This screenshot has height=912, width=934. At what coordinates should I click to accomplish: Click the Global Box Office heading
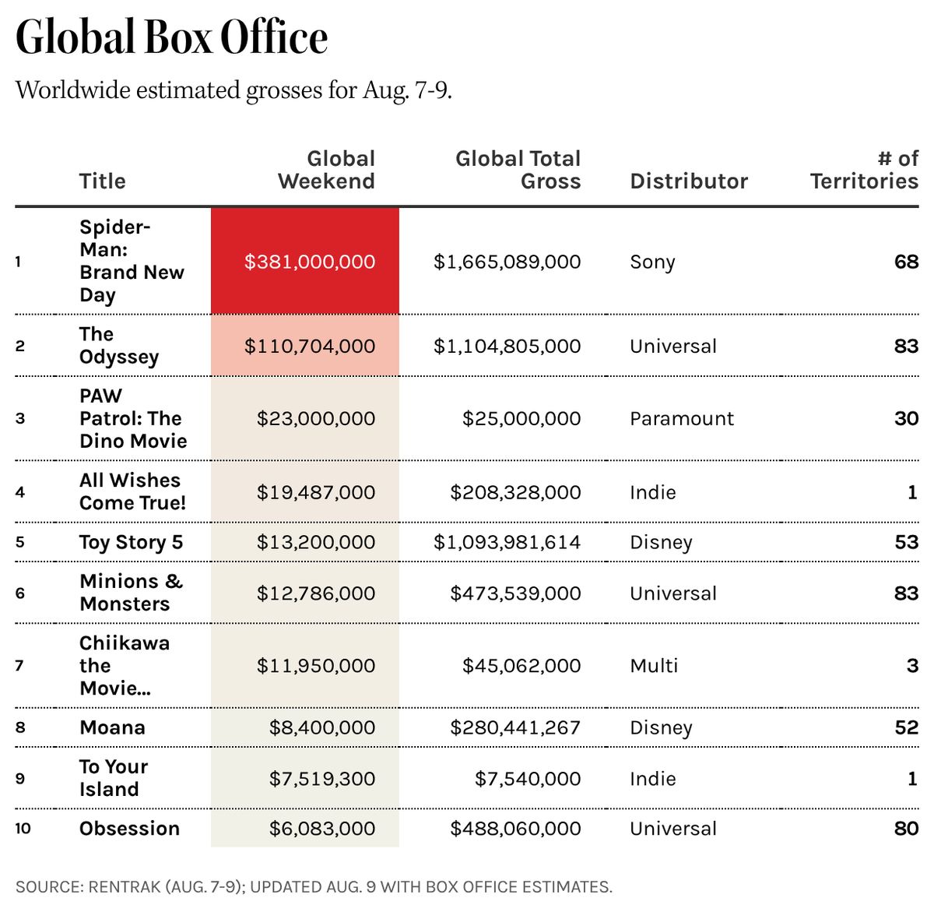click(171, 37)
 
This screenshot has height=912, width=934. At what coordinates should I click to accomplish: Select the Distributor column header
click(689, 181)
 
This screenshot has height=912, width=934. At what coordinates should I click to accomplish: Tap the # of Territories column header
click(865, 170)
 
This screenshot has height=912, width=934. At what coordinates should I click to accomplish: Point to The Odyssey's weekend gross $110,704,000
click(310, 347)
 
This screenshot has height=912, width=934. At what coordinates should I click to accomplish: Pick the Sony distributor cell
click(652, 262)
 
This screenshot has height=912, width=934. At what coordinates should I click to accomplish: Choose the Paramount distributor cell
click(682, 419)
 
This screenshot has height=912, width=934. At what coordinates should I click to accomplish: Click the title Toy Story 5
click(131, 543)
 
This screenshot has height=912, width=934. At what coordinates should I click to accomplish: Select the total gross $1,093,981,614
click(507, 542)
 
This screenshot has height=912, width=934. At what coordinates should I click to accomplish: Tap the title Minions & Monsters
click(131, 593)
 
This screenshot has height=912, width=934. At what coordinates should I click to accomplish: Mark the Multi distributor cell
click(654, 666)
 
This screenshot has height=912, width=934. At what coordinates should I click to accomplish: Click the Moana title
click(112, 727)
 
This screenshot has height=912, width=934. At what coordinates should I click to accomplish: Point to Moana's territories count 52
click(907, 727)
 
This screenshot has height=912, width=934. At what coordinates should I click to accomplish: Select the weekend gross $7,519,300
click(322, 779)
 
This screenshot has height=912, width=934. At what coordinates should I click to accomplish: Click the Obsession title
click(129, 829)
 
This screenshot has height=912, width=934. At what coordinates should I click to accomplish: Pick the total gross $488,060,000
click(515, 829)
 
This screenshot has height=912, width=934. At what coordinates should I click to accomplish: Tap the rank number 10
click(23, 829)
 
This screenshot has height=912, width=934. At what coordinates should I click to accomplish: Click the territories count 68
click(907, 262)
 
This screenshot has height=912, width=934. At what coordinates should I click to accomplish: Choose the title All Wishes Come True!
click(132, 491)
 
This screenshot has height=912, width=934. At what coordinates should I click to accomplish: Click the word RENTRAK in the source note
click(125, 887)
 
